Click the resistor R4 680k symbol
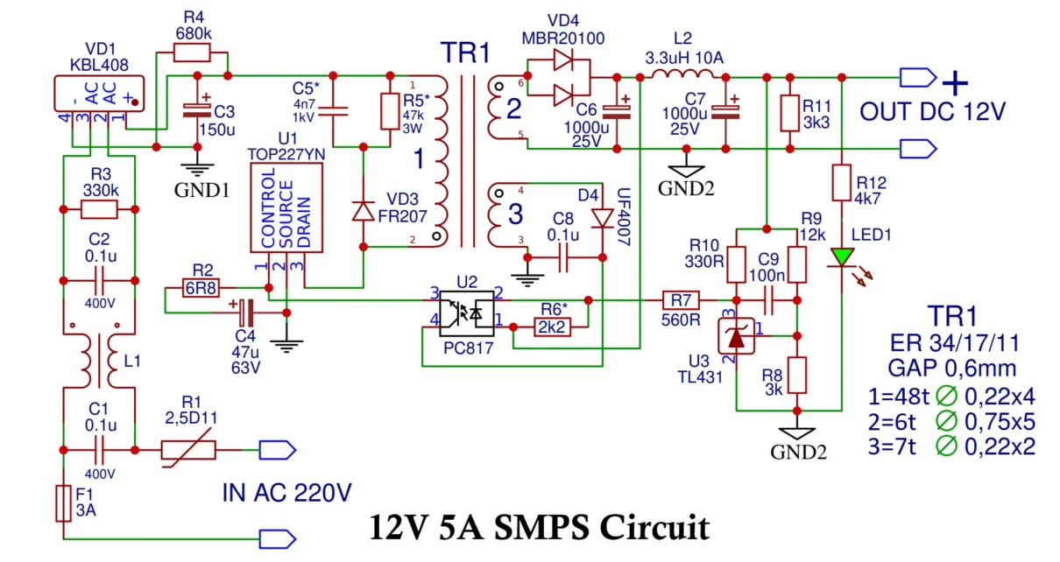click(193, 53)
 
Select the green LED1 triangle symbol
click(842, 256)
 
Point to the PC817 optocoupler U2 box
click(466, 313)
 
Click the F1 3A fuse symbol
click(64, 502)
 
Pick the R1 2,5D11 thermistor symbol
click(187, 450)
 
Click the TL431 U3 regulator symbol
click(737, 335)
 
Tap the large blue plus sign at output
click(955, 83)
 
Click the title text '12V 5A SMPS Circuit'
click(539, 528)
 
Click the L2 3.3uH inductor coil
click(681, 76)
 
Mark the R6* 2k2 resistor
click(552, 327)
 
